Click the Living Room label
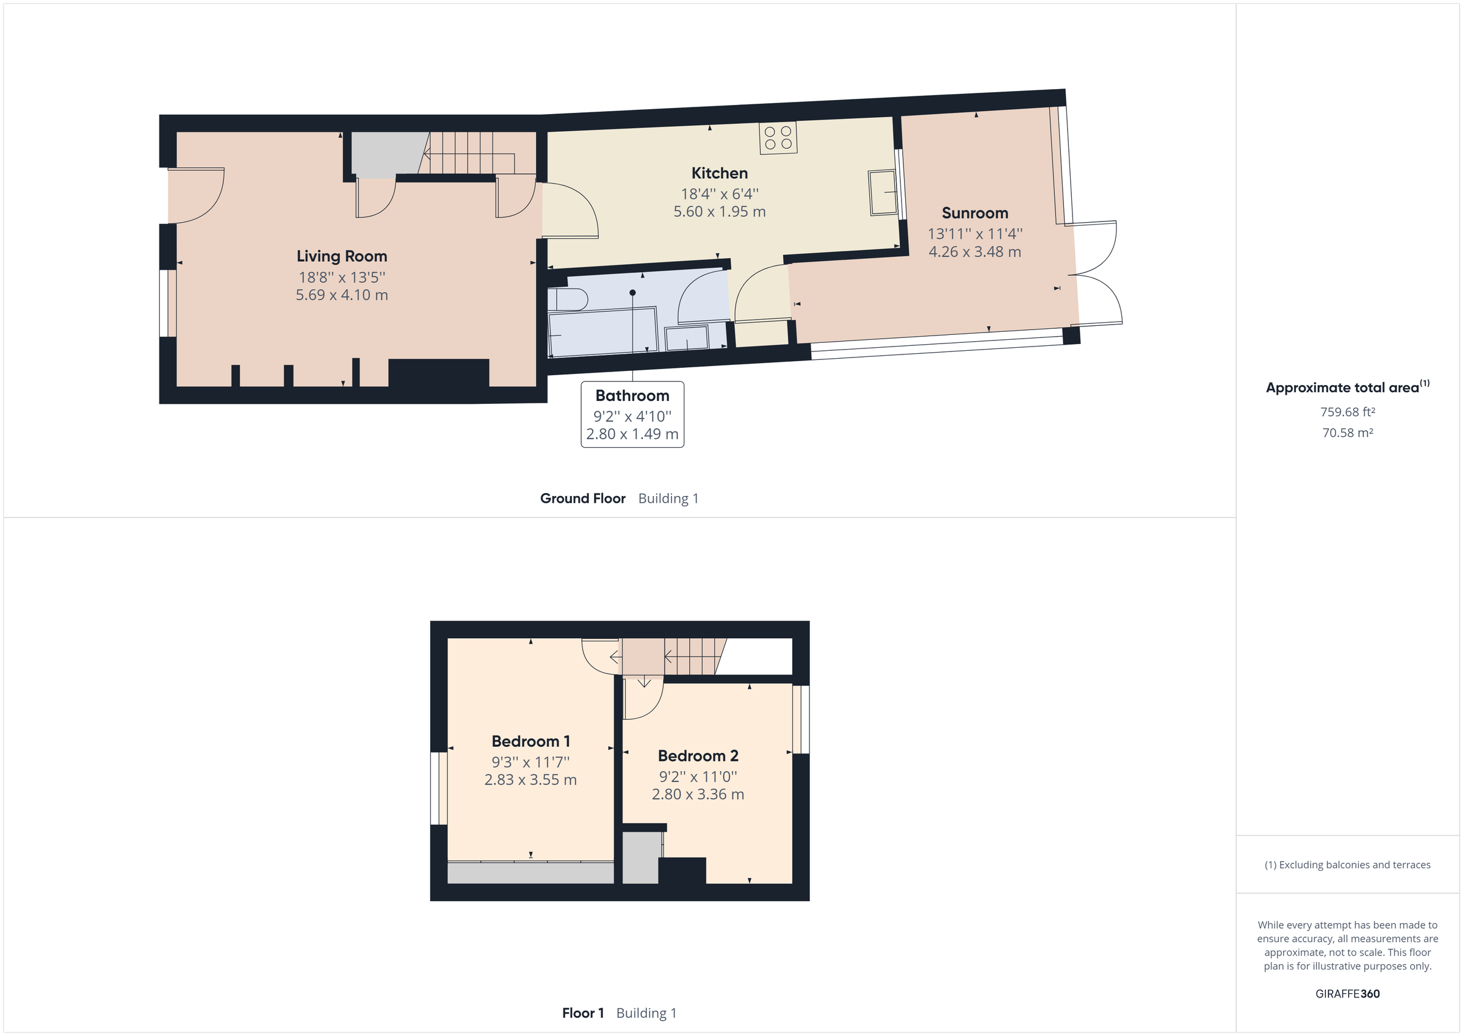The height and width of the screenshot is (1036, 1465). pos(341,256)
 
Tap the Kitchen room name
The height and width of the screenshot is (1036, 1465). pos(719,173)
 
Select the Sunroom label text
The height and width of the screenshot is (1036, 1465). pos(974,213)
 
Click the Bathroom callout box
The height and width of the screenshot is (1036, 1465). pos(632,415)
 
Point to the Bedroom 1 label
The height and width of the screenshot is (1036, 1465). pos(530,741)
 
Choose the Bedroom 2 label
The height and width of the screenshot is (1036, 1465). pos(698,756)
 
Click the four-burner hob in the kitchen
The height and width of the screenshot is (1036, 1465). pos(778,138)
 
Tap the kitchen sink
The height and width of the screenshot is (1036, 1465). pos(883,193)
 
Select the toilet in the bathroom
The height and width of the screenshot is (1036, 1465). pos(566,300)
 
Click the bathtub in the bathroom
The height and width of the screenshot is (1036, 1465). pos(602,332)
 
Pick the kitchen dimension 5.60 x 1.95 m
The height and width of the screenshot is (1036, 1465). pos(719,212)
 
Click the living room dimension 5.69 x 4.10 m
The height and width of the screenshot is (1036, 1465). pos(341,295)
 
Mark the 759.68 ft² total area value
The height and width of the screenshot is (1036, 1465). pos(1347,412)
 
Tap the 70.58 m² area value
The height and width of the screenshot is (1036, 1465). pos(1347,433)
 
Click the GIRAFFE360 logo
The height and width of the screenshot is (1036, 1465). pos(1347,993)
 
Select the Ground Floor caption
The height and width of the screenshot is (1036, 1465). pos(582,498)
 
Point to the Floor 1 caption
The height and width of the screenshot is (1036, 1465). pos(582,1013)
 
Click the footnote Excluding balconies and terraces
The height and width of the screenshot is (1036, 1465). pos(1347,865)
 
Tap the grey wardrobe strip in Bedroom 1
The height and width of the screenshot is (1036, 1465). pos(530,872)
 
